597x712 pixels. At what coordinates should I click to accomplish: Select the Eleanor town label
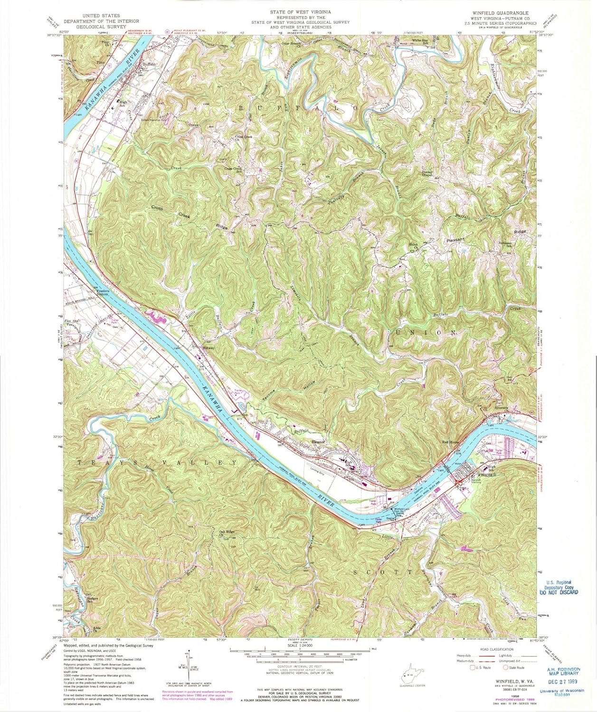coord(317,442)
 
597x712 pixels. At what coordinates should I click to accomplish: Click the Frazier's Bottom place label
coord(103,293)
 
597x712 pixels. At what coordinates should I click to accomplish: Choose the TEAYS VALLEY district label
coord(157,462)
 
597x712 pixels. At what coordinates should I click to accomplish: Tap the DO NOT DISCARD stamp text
coord(559,592)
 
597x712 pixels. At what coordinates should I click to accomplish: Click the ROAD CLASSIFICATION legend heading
coord(496,649)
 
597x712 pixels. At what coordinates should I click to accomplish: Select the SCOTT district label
coord(383,572)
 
